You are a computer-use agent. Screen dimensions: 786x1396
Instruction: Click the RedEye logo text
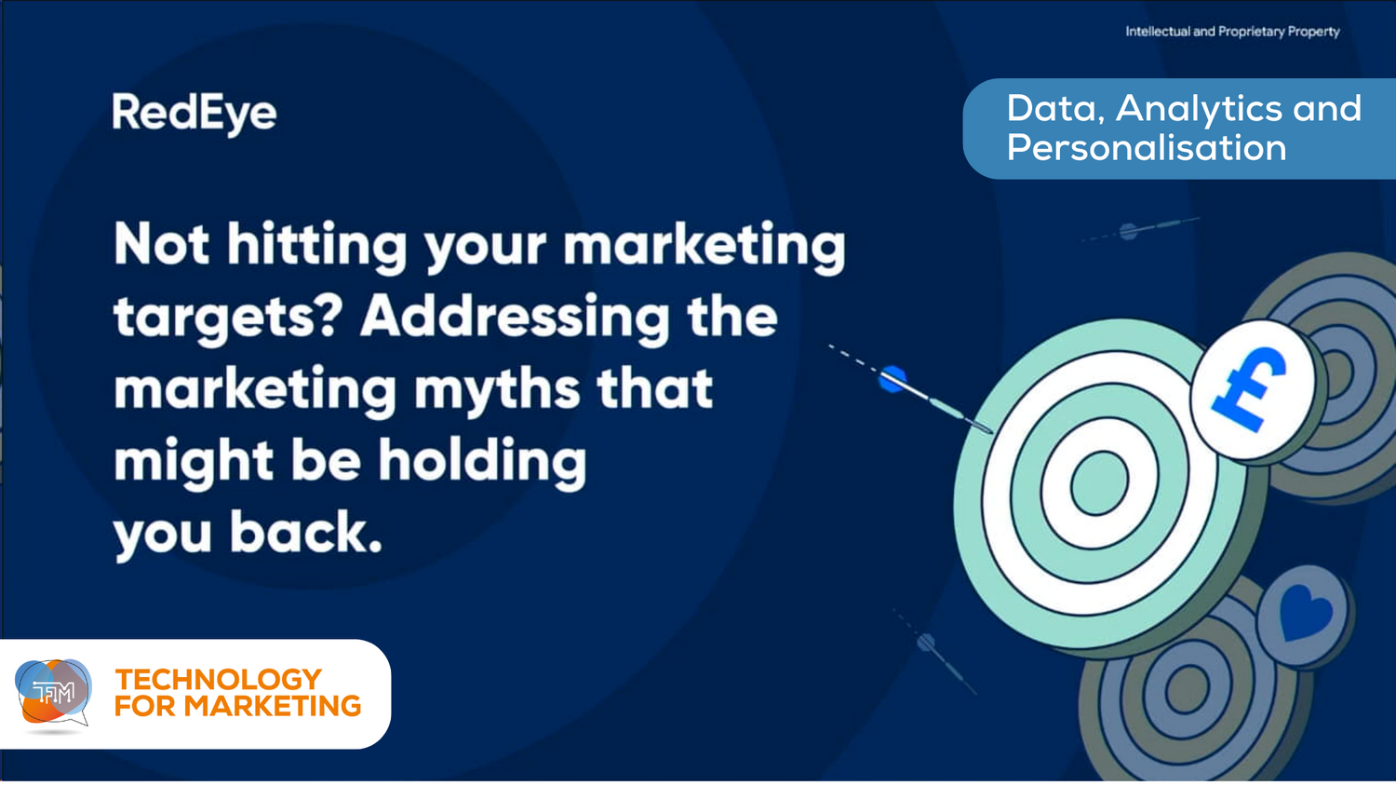[x=195, y=114]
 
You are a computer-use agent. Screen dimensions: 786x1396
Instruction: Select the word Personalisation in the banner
[x=1147, y=148]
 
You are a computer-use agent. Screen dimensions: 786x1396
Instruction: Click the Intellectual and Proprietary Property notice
[x=1232, y=32]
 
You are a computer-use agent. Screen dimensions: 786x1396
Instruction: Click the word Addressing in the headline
[x=515, y=318]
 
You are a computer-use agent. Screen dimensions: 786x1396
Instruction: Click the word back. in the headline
[x=306, y=533]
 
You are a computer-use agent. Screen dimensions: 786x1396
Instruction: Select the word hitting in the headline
[x=316, y=246]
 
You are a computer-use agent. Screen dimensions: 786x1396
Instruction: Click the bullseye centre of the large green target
[x=1099, y=482]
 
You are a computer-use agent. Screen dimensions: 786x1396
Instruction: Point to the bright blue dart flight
[x=893, y=379]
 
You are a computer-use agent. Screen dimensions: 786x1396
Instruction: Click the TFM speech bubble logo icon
[x=53, y=693]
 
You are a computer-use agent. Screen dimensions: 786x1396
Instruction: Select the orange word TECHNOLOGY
[x=218, y=679]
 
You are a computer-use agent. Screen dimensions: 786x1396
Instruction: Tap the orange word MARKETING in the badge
[x=273, y=707]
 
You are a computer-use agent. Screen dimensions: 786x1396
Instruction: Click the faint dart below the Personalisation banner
[x=1130, y=230]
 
